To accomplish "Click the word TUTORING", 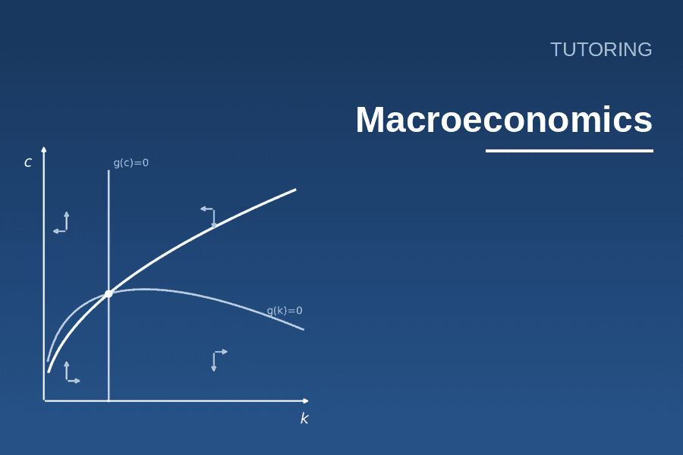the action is pyautogui.click(x=601, y=49).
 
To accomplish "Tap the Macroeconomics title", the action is pyautogui.click(x=504, y=119).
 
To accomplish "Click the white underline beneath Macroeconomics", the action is pyautogui.click(x=569, y=151).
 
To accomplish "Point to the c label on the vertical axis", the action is pyautogui.click(x=28, y=162).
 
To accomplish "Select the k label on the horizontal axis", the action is pyautogui.click(x=304, y=419).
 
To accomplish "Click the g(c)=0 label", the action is pyautogui.click(x=131, y=163).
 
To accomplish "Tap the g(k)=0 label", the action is pyautogui.click(x=285, y=310).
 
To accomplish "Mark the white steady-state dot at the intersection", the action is pyautogui.click(x=109, y=294).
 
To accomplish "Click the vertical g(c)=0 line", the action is pyautogui.click(x=109, y=285).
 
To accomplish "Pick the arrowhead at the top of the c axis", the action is pyautogui.click(x=43, y=150).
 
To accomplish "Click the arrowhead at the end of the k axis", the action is pyautogui.click(x=305, y=400).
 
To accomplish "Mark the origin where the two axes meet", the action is pyautogui.click(x=44, y=400).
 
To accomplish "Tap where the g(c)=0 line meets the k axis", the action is pyautogui.click(x=109, y=400).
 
